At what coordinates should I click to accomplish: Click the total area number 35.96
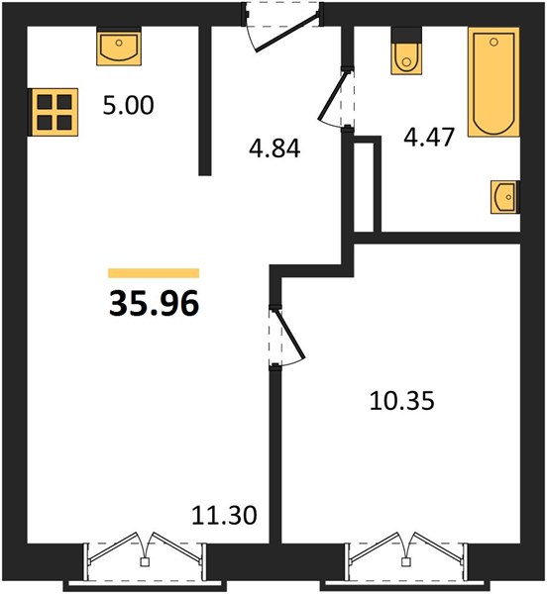[x=154, y=303]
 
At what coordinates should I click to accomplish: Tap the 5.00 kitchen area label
[x=128, y=105]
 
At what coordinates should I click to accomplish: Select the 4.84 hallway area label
[x=274, y=148]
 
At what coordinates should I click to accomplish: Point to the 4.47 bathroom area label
[x=429, y=138]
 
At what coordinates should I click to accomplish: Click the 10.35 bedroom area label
[x=401, y=401]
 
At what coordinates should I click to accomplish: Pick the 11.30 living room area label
[x=224, y=515]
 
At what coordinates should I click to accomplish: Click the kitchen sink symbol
[x=119, y=49]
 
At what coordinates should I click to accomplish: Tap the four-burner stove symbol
[x=55, y=112]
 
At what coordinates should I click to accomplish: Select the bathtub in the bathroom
[x=493, y=82]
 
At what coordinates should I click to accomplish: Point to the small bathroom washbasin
[x=504, y=197]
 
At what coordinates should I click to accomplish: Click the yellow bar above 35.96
[x=154, y=273]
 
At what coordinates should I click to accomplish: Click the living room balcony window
[x=145, y=562]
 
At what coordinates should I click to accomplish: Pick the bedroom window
[x=406, y=562]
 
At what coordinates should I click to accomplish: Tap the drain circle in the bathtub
[x=493, y=42]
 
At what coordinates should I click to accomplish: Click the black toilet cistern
[x=406, y=36]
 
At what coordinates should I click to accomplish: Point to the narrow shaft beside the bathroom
[x=364, y=186]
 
